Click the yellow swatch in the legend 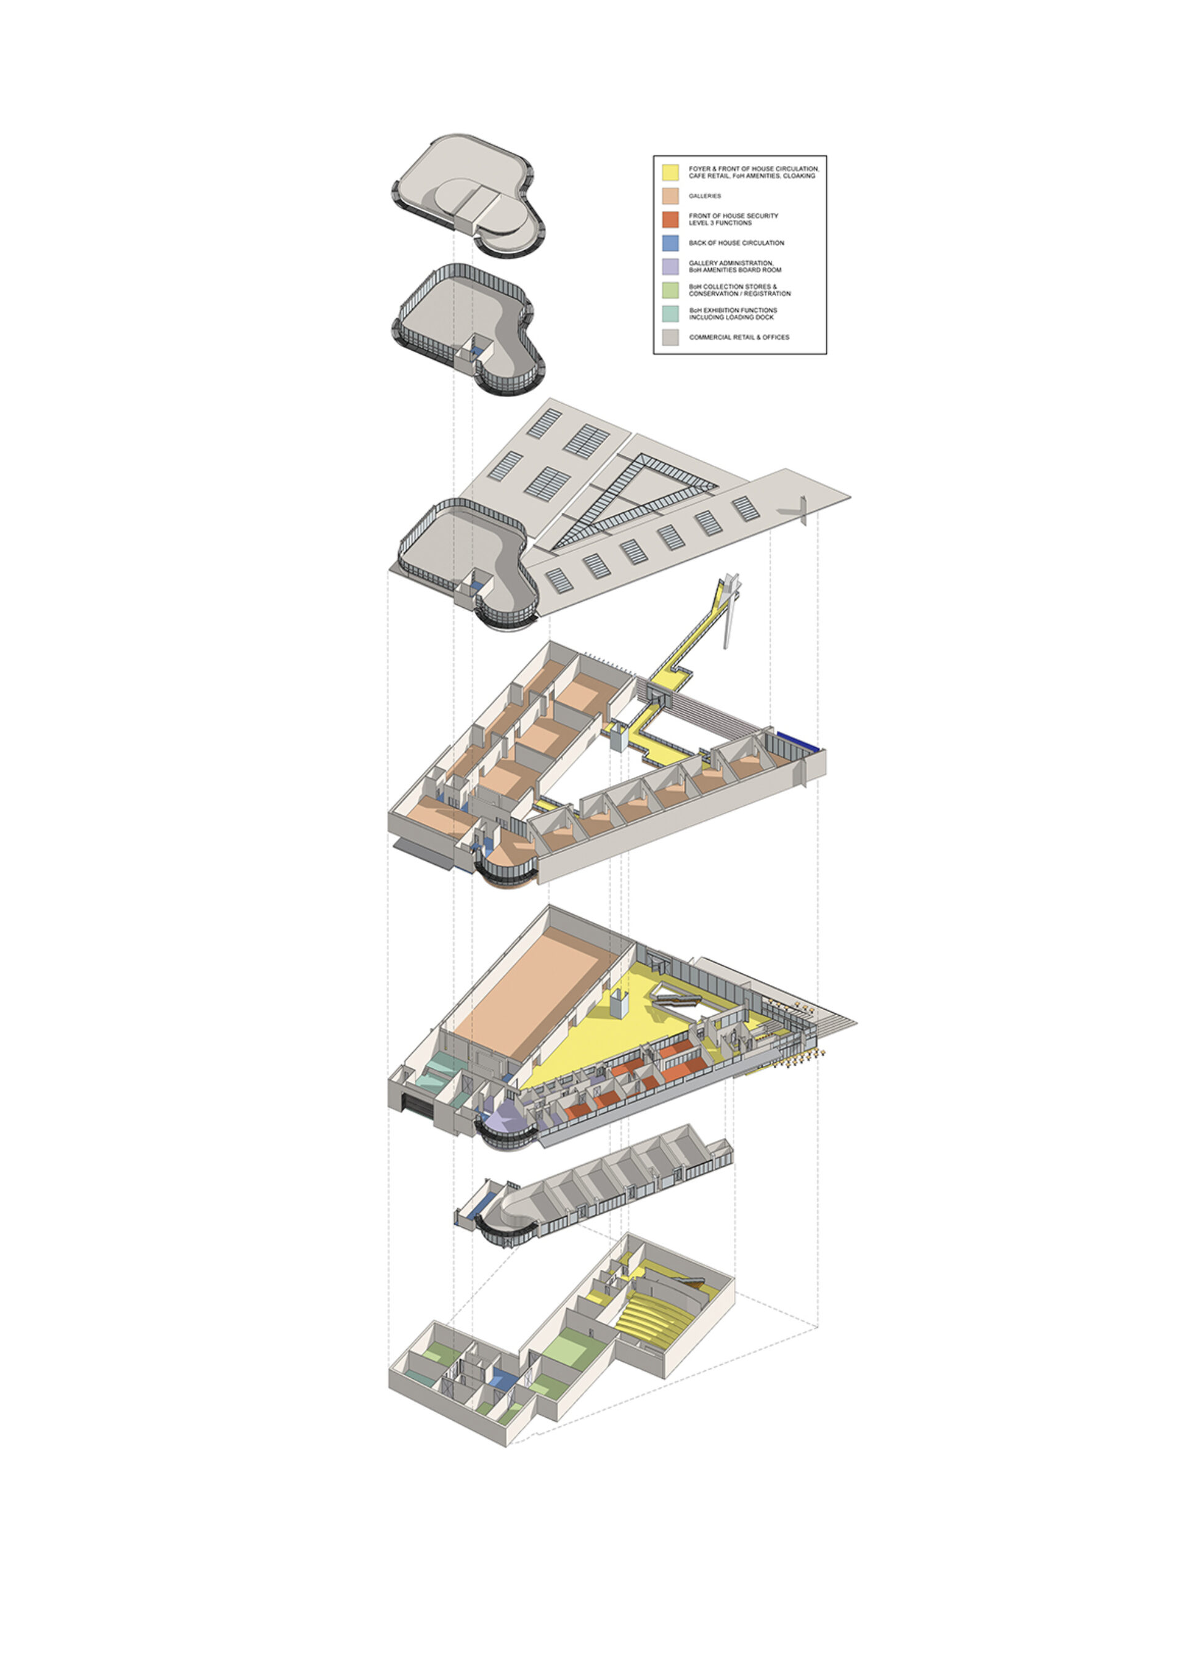coord(670,172)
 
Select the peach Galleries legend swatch coord(670,195)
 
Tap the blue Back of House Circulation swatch coord(670,243)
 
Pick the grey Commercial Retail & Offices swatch coord(670,337)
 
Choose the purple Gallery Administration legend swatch coord(670,266)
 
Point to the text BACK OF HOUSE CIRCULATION coord(736,243)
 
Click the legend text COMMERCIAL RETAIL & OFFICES coord(739,337)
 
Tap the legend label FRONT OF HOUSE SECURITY coord(733,216)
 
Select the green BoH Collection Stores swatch coord(670,290)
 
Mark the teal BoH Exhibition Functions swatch coord(670,314)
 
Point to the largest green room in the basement coord(573,1348)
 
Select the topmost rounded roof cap coord(467,194)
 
